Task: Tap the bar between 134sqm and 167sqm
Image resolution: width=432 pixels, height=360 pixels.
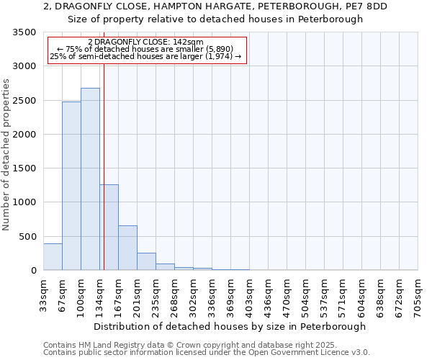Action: click(x=109, y=227)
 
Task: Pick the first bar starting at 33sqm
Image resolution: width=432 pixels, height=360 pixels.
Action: click(x=53, y=257)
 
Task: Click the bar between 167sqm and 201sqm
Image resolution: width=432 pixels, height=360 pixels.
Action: click(x=127, y=248)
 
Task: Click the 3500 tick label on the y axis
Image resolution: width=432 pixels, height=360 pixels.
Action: click(x=24, y=33)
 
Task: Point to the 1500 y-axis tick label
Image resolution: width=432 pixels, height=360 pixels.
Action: click(x=24, y=168)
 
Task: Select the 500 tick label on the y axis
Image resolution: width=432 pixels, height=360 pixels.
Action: click(x=27, y=237)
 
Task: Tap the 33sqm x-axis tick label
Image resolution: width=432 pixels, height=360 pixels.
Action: click(x=44, y=293)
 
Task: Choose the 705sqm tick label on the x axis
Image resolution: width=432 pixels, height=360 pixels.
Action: click(x=418, y=293)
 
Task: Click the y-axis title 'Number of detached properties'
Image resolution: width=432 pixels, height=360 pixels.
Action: click(x=6, y=156)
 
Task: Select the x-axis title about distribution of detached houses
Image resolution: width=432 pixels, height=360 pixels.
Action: click(x=230, y=326)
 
